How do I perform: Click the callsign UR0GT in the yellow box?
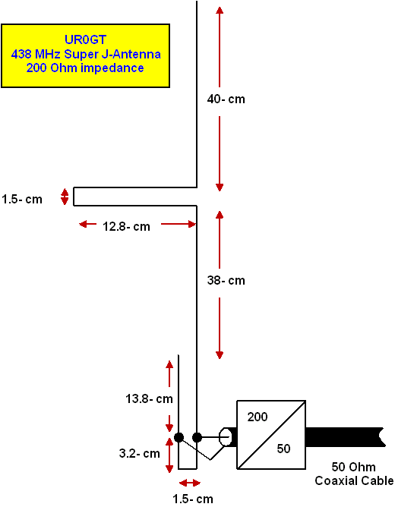point(85,39)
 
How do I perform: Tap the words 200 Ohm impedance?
point(85,68)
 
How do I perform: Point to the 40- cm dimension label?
point(226,99)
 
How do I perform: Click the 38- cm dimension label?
point(226,280)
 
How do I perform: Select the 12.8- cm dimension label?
point(127,226)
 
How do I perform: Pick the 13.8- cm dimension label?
point(149,398)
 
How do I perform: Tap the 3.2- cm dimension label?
point(140,453)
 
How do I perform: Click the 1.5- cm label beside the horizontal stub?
point(22,199)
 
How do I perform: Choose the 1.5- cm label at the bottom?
point(193,499)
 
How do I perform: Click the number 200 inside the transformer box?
point(258,417)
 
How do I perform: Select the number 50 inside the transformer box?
point(283,449)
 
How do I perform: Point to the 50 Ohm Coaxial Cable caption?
point(354,474)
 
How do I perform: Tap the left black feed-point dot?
point(179,437)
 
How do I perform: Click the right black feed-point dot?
point(197,437)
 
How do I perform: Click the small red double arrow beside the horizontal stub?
point(65,197)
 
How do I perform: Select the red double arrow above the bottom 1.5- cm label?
point(190,483)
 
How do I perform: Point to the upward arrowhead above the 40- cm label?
point(220,10)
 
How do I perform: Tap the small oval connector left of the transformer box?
point(226,437)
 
